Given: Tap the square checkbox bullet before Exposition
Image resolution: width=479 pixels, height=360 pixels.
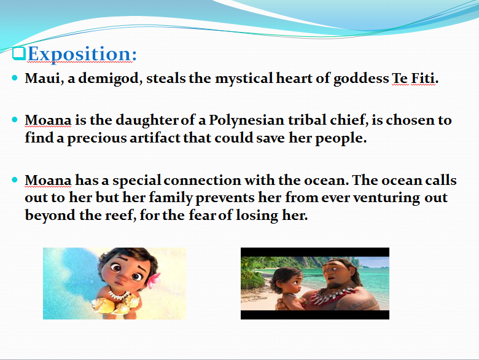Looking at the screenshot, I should click(x=18, y=52).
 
